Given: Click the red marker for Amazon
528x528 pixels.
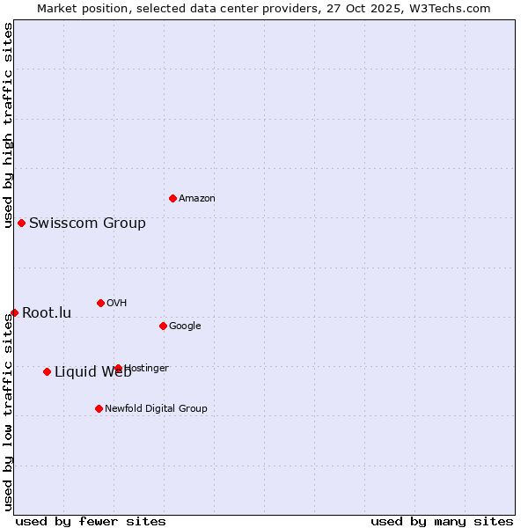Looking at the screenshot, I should (x=172, y=198).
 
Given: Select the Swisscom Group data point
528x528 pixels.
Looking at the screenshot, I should (x=21, y=223).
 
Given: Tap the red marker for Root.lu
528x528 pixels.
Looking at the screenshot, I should (x=14, y=312).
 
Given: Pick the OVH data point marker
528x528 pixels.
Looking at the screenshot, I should (x=100, y=303).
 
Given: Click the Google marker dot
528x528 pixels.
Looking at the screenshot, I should (x=163, y=326).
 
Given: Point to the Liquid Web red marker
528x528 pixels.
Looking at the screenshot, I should (x=47, y=371).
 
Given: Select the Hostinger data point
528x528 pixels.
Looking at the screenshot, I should (x=118, y=368).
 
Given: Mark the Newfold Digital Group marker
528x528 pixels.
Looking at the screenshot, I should (x=99, y=408).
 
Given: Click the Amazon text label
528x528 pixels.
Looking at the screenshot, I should (x=196, y=199).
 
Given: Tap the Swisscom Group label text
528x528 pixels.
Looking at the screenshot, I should (x=87, y=224).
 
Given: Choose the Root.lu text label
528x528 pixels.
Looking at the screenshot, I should (x=47, y=313).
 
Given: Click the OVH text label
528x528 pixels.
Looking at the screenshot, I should (x=116, y=304).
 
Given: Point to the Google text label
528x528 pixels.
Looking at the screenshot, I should (x=185, y=326).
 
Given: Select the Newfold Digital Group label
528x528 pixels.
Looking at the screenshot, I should (x=156, y=409).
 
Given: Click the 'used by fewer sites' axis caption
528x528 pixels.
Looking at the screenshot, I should (x=91, y=521).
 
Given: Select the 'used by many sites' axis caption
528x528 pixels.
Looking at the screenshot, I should (x=442, y=521).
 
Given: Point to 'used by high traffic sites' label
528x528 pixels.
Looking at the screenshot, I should (x=8, y=126).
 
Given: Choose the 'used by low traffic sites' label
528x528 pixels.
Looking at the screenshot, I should (x=8, y=412).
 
